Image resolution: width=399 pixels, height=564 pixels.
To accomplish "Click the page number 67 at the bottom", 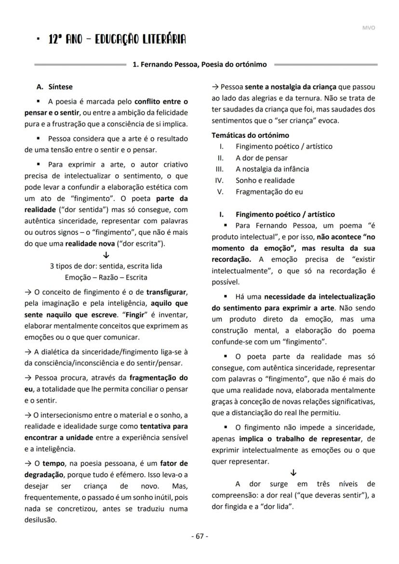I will coord(199,536).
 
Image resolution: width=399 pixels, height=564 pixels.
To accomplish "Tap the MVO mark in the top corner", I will coord(369,27).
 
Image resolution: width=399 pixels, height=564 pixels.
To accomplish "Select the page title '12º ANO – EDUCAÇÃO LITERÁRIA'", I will coord(117,40).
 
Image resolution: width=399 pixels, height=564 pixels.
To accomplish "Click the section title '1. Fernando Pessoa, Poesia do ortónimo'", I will coord(199,64).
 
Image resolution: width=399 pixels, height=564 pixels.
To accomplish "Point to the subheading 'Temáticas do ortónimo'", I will coord(250,135).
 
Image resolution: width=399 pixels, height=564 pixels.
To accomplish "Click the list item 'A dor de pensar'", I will coord(261,158).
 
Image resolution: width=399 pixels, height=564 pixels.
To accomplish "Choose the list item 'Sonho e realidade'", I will coord(265,180).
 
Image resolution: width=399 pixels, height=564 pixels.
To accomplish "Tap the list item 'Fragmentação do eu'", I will coord(269,191).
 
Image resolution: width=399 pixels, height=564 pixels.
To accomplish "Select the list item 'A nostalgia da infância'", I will coord(272,169).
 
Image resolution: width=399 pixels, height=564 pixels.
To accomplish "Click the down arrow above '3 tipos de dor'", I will coord(106,255).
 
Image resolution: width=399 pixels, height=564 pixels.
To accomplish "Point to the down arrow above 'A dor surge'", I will coord(293,472).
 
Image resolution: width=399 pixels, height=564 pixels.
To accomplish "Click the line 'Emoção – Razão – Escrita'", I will coord(106,277).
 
